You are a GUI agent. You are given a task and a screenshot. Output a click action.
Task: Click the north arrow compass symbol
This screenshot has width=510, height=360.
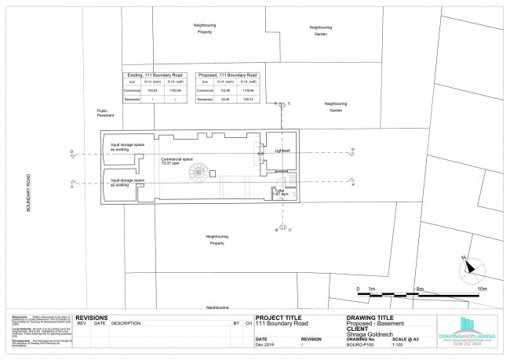point(469,265)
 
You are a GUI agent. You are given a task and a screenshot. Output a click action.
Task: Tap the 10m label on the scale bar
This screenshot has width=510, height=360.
point(483,289)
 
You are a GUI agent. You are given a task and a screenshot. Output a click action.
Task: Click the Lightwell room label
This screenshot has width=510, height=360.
point(282,150)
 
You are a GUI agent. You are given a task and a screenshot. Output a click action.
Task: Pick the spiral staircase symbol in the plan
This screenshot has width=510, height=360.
point(202,172)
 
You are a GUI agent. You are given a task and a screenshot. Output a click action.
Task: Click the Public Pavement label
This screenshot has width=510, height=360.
point(106,113)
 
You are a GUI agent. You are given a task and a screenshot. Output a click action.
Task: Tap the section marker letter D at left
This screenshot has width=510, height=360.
point(71,151)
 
